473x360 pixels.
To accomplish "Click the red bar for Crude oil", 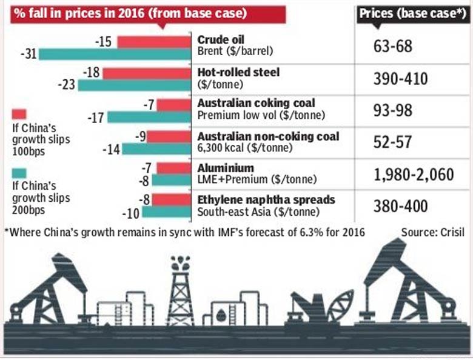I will pyautogui.click(x=155, y=42).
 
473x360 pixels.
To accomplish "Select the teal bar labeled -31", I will pyautogui.click(x=116, y=55).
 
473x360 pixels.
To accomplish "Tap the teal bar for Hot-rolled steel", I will pyautogui.click(x=135, y=85).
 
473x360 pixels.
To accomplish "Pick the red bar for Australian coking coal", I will pyautogui.click(x=175, y=105).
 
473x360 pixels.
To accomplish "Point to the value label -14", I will pyautogui.click(x=111, y=148).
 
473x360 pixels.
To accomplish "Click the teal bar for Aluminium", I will pyautogui.click(x=172, y=180).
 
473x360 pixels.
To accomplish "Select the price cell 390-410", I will pyautogui.click(x=401, y=79).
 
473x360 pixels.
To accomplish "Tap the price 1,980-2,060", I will pyautogui.click(x=414, y=175).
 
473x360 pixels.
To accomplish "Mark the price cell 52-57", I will pyautogui.click(x=393, y=142).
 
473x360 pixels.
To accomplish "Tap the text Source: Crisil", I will pyautogui.click(x=432, y=232).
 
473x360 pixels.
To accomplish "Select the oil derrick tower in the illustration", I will pyautogui.click(x=180, y=291).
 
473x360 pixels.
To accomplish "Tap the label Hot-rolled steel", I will pyautogui.click(x=238, y=72).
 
